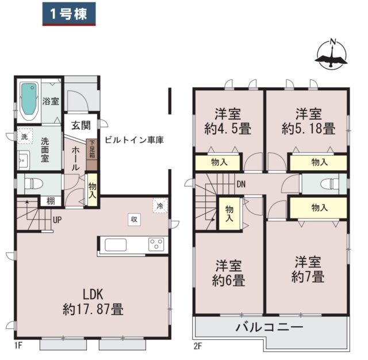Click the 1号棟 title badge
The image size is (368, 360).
69,14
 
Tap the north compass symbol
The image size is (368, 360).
331,55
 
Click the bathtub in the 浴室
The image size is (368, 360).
29,101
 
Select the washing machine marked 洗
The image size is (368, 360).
25,136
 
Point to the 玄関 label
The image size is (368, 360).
81,125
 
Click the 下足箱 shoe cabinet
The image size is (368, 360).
92,155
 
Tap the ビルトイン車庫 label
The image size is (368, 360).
134,140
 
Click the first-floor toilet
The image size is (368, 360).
33,183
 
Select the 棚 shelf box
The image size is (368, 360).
51,201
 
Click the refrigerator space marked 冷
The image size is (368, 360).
160,206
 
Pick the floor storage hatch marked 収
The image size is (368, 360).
134,220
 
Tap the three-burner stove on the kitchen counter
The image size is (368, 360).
156,244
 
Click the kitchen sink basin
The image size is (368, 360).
116,245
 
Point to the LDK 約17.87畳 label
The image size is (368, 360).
93,301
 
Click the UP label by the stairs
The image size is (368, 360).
57,220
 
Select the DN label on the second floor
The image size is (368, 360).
241,184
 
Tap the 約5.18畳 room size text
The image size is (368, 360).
308,129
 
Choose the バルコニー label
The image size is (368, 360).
270,327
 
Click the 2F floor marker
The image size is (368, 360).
198,346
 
